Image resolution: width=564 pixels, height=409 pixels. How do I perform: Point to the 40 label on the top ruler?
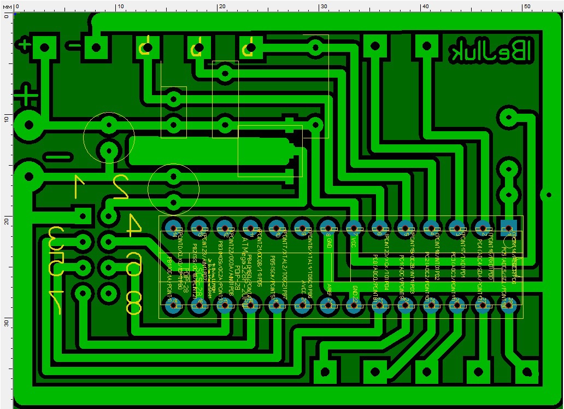pyautogui.click(x=425, y=6)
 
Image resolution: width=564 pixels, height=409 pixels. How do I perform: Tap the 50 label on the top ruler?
pyautogui.click(x=527, y=6)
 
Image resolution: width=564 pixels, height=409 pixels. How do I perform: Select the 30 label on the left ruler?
pyautogui.click(x=6, y=323)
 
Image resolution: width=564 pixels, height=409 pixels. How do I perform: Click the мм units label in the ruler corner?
pyautogui.click(x=6, y=6)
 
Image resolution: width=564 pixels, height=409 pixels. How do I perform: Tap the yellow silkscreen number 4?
pyautogui.click(x=133, y=225)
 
